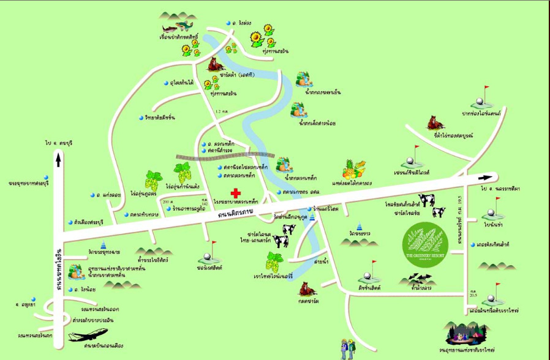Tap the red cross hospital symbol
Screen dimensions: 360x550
point(235,193)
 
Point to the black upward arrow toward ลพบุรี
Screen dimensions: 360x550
point(58,160)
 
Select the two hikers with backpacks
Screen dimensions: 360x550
point(347,348)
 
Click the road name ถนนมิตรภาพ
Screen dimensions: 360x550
point(237,214)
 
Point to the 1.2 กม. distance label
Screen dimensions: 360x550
point(225,111)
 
